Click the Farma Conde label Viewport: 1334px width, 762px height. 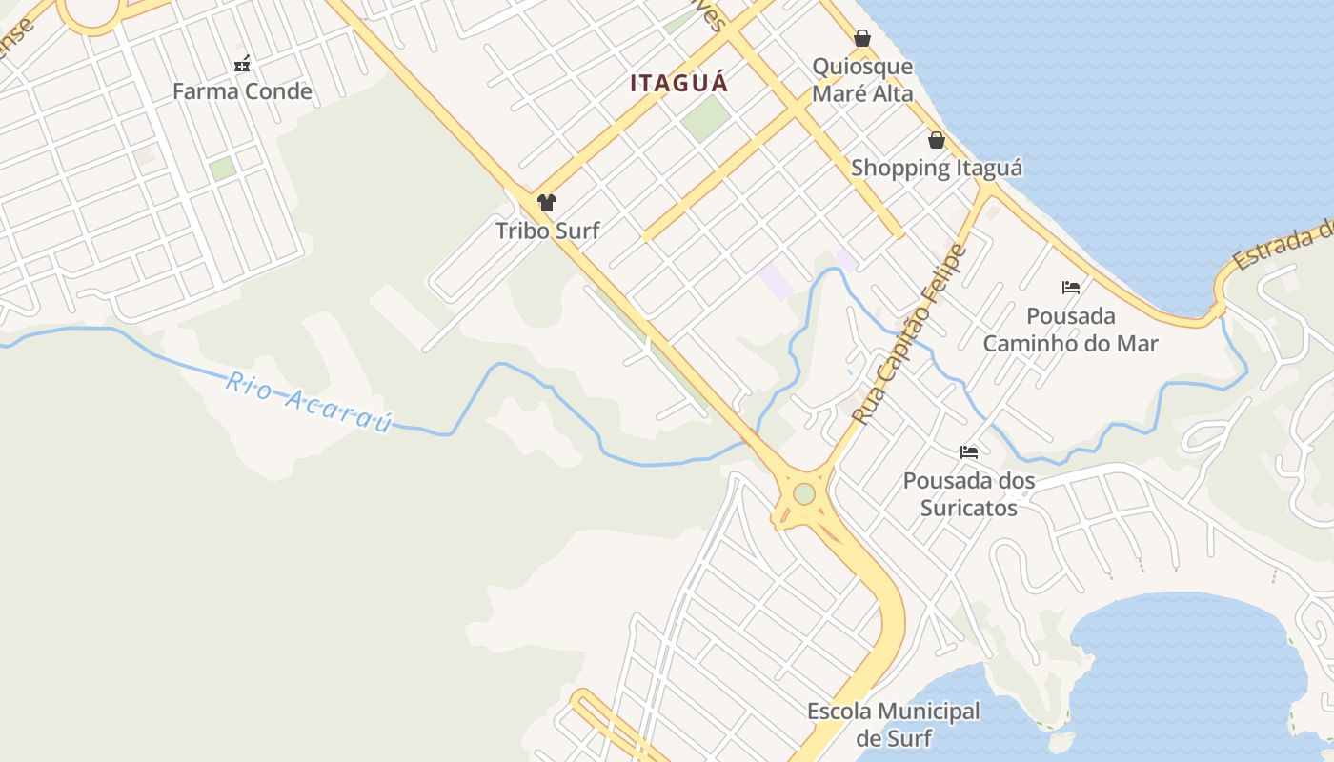pos(242,91)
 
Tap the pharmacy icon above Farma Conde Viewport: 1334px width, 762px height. pos(242,65)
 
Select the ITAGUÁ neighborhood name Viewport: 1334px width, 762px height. pos(678,83)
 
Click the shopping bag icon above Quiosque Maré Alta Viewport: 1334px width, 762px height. pos(862,38)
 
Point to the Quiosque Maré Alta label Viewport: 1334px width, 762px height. pos(862,80)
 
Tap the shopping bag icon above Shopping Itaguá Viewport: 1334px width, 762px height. pos(937,140)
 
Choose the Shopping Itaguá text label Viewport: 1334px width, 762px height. pos(937,168)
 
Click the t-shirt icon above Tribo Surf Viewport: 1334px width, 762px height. pos(547,202)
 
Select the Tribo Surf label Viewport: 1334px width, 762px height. pos(547,230)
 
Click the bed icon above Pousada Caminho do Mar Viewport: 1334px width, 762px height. pos(1071,287)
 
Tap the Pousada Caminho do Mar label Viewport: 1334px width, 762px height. pos(1071,329)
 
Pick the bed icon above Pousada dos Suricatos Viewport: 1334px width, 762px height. pos(969,452)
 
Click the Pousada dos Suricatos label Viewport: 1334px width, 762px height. pos(969,493)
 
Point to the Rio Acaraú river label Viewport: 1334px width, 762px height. pos(309,402)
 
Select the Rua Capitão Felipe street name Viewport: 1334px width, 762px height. pos(910,333)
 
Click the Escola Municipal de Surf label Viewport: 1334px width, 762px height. pos(893,724)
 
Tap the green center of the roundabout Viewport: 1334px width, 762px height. pos(804,493)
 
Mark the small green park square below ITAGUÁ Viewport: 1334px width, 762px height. pos(705,119)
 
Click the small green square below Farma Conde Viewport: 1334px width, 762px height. pos(222,169)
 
